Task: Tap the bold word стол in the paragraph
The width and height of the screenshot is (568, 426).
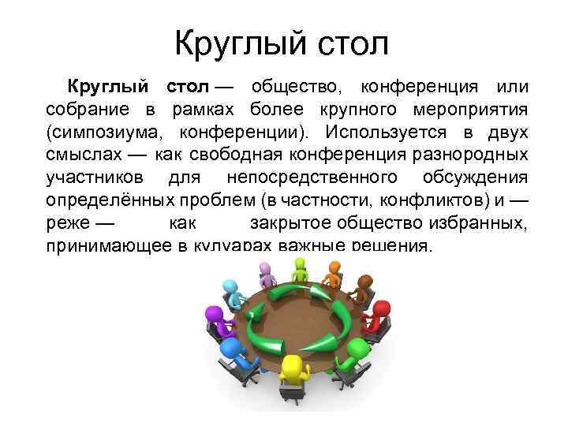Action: [x=188, y=86]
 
